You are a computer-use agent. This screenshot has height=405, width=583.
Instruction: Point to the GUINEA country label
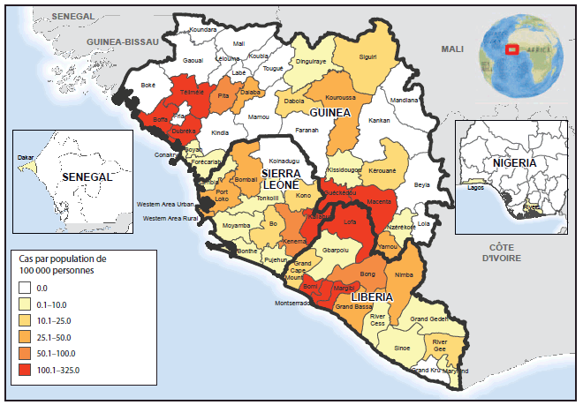tap(329, 114)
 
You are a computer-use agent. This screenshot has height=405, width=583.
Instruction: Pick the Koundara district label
tap(202, 30)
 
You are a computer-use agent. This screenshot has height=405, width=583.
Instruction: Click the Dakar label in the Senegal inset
tap(26, 159)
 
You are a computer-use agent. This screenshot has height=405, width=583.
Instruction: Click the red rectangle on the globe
tap(509, 49)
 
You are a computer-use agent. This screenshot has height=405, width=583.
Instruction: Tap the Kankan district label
tap(379, 119)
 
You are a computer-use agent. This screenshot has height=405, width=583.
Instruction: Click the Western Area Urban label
tap(165, 205)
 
